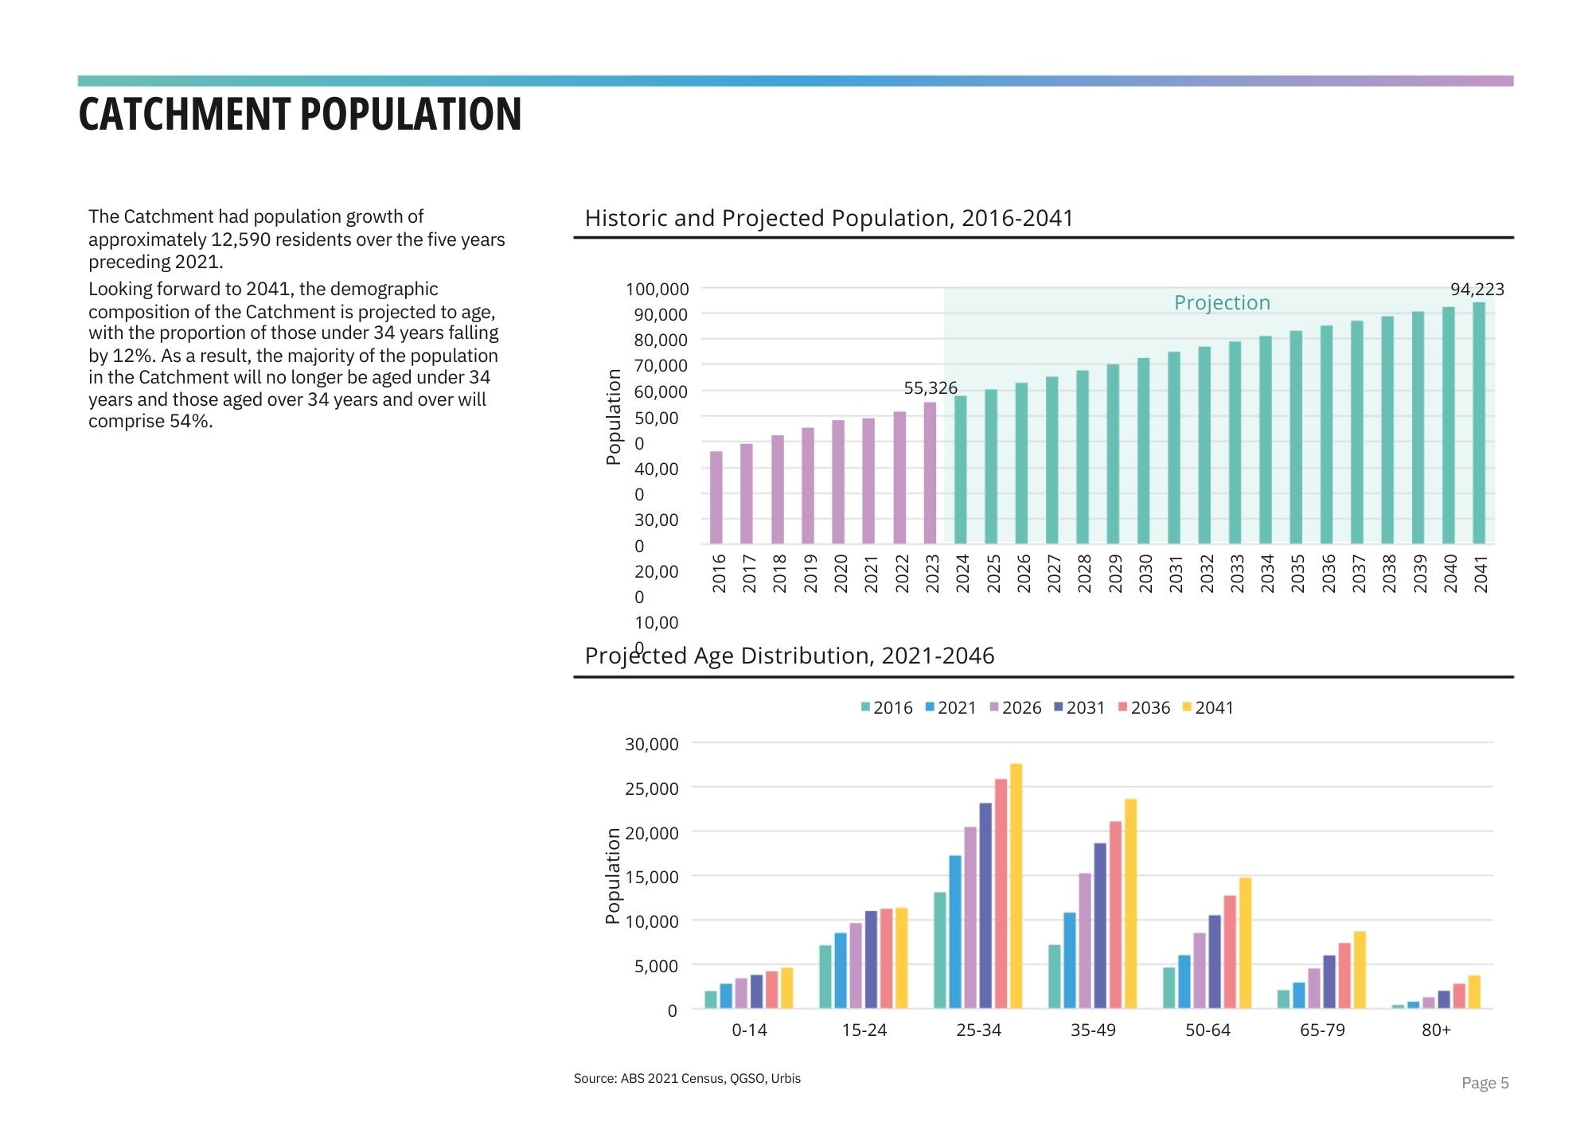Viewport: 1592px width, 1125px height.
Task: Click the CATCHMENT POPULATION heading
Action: click(300, 115)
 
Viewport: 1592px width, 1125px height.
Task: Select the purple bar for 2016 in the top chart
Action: click(716, 497)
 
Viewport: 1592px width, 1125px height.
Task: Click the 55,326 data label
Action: click(930, 388)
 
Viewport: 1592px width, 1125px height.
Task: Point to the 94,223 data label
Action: click(1477, 290)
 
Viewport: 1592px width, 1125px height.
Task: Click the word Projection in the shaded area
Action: click(1222, 303)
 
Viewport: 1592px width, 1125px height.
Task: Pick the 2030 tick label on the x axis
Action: click(1145, 574)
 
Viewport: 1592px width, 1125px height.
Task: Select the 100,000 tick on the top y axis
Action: click(657, 290)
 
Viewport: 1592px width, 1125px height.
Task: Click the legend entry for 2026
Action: click(1015, 708)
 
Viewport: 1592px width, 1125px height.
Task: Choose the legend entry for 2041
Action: click(1208, 708)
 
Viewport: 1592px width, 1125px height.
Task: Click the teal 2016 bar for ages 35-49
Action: click(1055, 977)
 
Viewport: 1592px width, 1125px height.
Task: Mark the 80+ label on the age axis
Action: click(1436, 1030)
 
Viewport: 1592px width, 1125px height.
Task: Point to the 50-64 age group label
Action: click(1208, 1030)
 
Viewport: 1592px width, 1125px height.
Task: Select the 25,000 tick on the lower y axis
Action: click(651, 789)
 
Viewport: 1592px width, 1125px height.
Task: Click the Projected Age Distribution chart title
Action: click(789, 656)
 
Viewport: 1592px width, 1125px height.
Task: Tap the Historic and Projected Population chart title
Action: click(829, 218)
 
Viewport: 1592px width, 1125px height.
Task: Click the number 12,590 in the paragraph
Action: click(241, 239)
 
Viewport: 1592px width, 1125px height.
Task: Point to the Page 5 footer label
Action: click(1485, 1083)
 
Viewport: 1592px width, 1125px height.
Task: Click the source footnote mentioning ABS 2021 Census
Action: click(687, 1079)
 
